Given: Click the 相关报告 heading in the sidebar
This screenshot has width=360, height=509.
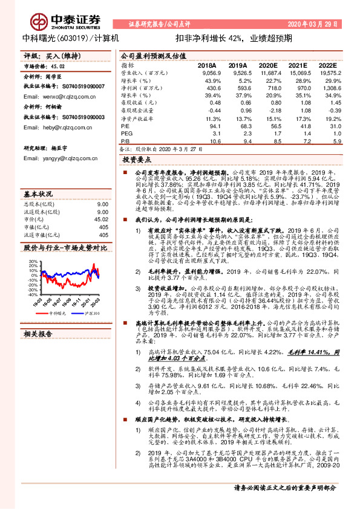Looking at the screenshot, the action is click(x=39, y=334).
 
